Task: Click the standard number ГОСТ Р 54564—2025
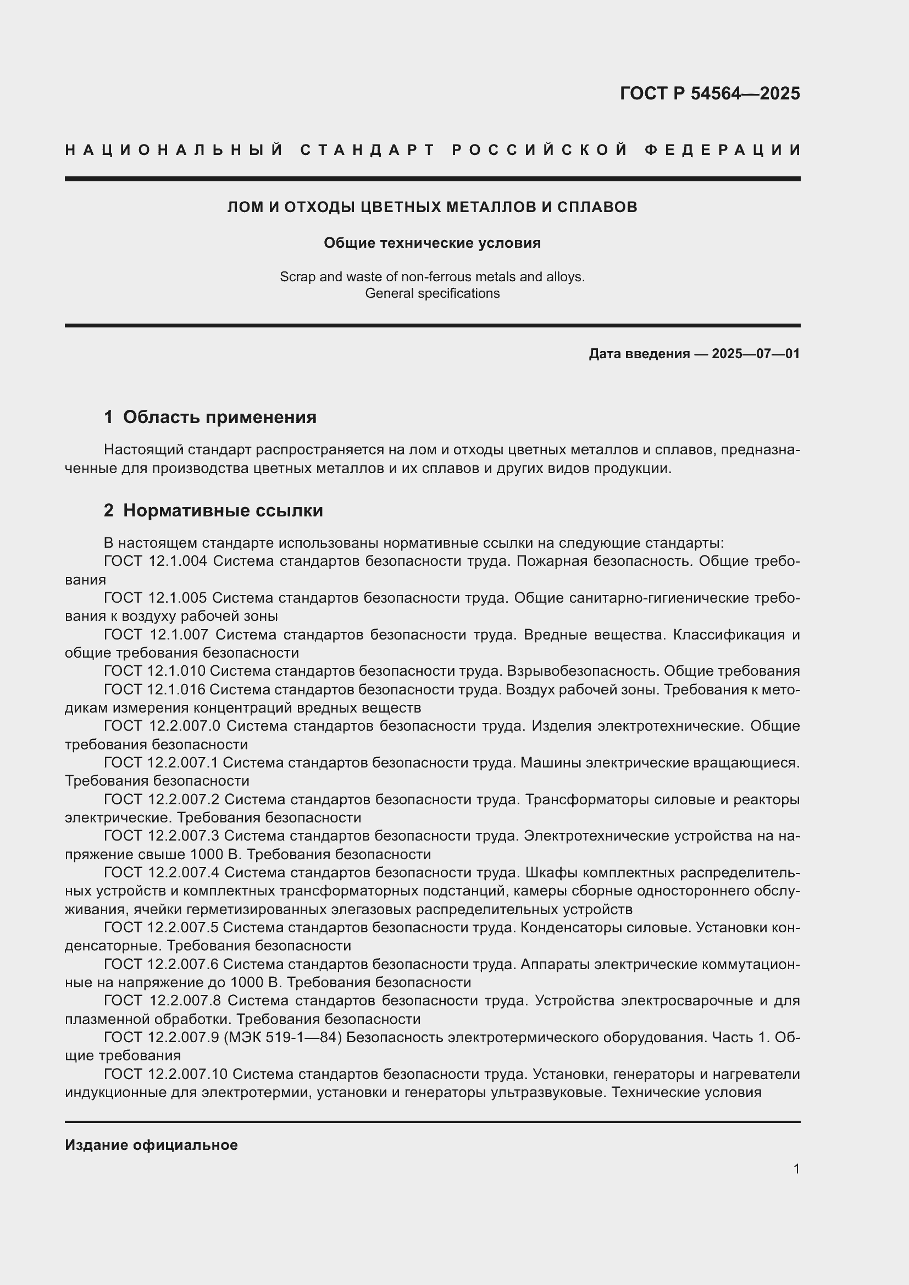coord(709,93)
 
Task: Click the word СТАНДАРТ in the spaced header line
coord(368,150)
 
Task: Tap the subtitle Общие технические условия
coord(432,243)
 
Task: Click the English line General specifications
coord(432,293)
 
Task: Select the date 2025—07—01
coord(756,354)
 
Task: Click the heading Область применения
coord(219,417)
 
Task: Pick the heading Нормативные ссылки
coord(223,510)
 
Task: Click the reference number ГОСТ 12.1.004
coord(156,561)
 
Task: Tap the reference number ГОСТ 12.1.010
coord(154,671)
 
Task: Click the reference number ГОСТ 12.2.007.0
coord(162,726)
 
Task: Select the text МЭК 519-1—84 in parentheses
coord(282,1037)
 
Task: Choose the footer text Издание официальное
coord(151,1145)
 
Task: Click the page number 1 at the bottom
coord(796,1169)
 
